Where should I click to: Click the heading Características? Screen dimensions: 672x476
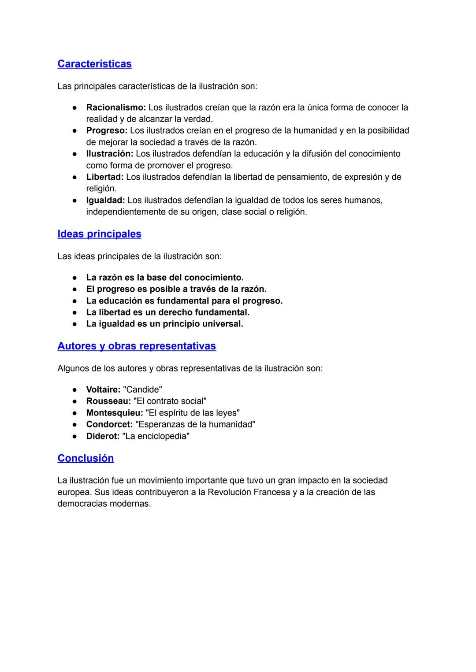point(94,64)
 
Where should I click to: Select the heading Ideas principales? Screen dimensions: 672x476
point(99,234)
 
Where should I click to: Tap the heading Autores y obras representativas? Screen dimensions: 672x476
point(137,346)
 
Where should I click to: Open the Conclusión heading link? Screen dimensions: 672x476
point(86,458)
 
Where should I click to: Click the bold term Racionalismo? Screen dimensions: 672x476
point(115,108)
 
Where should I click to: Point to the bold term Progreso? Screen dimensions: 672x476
point(107,130)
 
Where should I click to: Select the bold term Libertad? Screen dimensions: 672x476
point(105,177)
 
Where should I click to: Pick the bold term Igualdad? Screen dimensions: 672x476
point(105,200)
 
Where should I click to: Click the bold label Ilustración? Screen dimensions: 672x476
point(109,154)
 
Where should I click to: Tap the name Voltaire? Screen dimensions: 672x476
point(103,390)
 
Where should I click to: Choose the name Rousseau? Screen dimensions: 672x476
point(108,401)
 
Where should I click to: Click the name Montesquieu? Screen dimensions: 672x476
point(114,413)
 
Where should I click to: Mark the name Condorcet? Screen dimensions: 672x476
point(109,424)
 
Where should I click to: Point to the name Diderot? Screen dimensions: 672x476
point(103,436)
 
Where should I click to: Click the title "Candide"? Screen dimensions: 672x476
point(142,390)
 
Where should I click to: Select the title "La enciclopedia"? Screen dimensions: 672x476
point(156,436)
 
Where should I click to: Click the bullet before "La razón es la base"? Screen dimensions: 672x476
point(75,278)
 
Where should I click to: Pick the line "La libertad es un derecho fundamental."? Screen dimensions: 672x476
point(167,312)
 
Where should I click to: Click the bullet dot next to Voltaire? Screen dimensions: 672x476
point(75,390)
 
